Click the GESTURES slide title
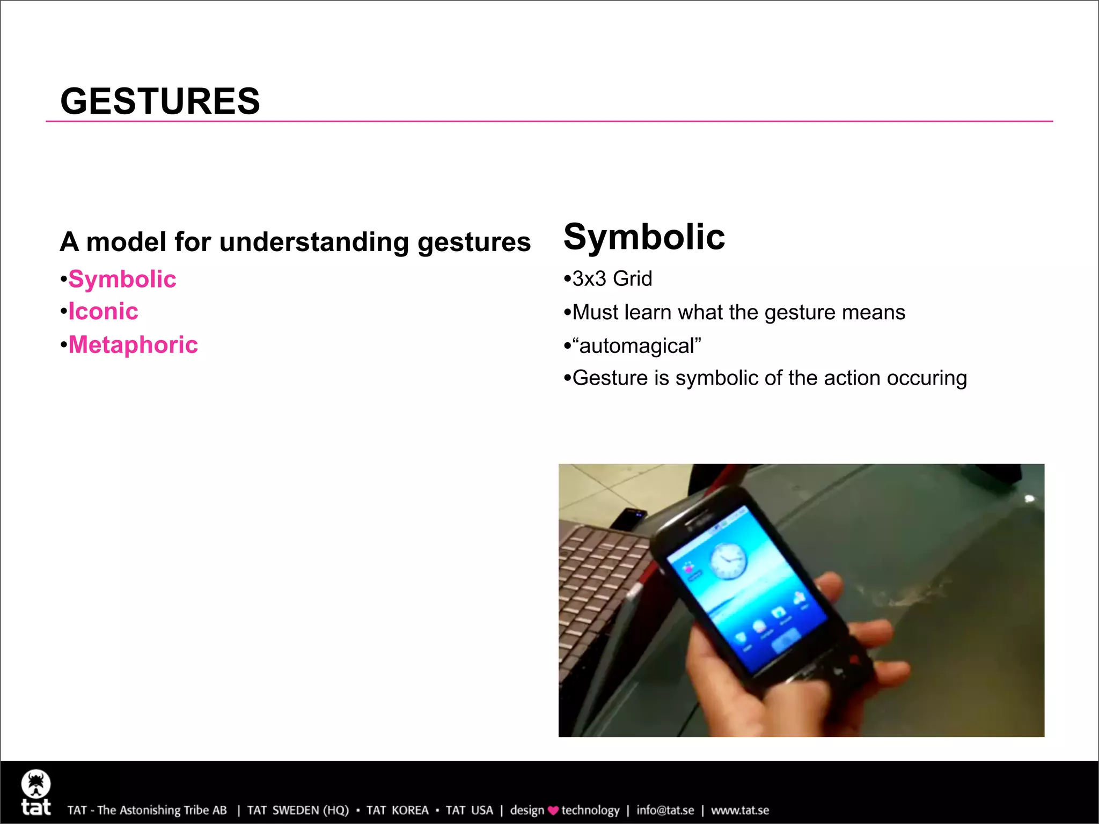click(160, 101)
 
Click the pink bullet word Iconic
click(103, 312)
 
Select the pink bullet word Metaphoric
click(133, 345)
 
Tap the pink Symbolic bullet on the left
click(122, 279)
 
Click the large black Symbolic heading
click(644, 237)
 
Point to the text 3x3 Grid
click(612, 279)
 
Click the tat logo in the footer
click(36, 793)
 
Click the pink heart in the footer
click(553, 811)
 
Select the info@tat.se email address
click(665, 811)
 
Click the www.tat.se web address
click(740, 811)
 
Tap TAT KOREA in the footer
click(397, 811)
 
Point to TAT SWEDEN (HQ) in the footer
click(297, 811)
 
